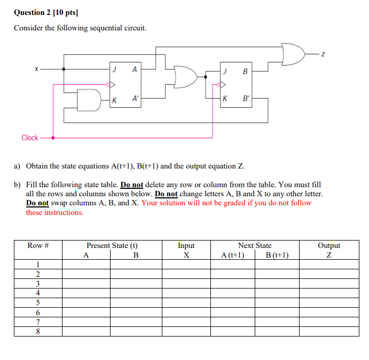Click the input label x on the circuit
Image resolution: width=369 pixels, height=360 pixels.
(36, 69)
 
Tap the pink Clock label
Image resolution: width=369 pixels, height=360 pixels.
(29, 138)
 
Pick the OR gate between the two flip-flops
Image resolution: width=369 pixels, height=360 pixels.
(185, 77)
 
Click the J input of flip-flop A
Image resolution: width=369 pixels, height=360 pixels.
(114, 69)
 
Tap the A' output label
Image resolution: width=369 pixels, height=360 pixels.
(135, 99)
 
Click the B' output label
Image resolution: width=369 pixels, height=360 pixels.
(246, 99)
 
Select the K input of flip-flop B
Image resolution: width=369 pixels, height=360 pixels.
(225, 99)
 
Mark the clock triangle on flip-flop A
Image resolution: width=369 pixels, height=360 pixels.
(111, 84)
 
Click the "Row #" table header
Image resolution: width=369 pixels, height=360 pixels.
(38, 245)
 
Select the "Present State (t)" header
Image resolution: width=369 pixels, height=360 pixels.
(112, 245)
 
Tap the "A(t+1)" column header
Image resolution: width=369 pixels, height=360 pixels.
(233, 255)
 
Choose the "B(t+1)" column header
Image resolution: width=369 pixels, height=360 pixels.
(277, 255)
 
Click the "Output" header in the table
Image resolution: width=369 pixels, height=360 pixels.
(329, 245)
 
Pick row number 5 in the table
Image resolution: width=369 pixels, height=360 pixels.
(38, 302)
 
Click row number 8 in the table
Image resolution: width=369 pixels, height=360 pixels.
(38, 331)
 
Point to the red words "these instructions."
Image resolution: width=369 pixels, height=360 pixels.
(55, 212)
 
